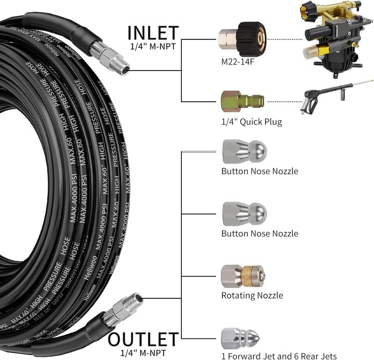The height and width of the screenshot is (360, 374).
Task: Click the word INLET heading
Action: click(x=153, y=33)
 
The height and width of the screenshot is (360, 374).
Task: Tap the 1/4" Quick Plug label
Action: click(x=252, y=122)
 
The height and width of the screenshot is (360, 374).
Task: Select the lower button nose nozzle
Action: click(x=245, y=214)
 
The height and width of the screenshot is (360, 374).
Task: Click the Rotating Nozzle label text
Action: click(x=252, y=295)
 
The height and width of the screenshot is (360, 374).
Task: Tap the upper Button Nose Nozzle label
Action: click(x=259, y=171)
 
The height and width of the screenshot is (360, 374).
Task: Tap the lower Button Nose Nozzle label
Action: click(x=259, y=233)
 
